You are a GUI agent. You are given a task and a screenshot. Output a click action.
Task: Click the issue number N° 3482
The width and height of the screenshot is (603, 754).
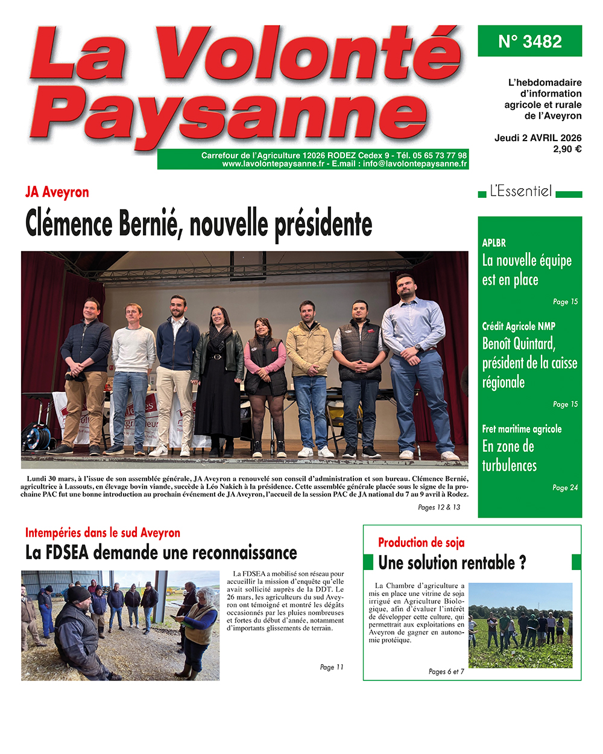click(x=529, y=42)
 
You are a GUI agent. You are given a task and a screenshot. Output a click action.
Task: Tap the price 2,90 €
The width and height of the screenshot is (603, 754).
click(x=567, y=149)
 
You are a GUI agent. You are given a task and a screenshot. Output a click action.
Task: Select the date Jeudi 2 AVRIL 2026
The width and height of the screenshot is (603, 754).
click(x=537, y=138)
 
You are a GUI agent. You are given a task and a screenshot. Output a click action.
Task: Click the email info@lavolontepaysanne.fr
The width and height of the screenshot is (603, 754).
click(x=415, y=163)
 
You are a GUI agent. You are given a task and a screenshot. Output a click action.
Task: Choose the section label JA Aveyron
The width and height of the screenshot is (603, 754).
click(x=57, y=192)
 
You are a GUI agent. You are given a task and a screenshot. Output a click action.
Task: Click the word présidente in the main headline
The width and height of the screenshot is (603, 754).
click(x=323, y=224)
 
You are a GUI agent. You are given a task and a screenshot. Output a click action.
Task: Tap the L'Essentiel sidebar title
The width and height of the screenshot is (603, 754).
click(x=520, y=191)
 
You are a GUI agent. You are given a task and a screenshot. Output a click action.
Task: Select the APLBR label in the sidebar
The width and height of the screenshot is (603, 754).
click(x=494, y=243)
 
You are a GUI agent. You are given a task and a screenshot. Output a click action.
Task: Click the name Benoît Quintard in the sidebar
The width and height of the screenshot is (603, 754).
click(x=519, y=344)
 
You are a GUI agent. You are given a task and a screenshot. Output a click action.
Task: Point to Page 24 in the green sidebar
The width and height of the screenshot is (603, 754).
click(x=565, y=487)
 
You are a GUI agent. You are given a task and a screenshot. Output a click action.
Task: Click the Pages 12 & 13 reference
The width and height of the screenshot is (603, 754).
click(x=438, y=507)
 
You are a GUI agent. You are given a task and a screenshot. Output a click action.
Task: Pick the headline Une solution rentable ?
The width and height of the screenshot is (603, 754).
click(x=452, y=563)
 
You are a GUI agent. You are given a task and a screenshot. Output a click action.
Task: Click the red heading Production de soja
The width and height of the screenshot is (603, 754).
click(x=421, y=542)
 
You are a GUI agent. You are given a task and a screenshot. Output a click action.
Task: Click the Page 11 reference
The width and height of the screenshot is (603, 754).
click(x=331, y=667)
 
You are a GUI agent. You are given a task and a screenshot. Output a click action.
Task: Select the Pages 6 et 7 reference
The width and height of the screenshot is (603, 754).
click(x=446, y=671)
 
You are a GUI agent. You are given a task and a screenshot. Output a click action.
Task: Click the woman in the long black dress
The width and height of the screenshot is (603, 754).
click(x=218, y=374)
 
